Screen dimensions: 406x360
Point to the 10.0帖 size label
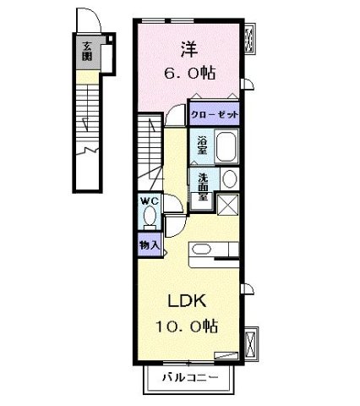187,326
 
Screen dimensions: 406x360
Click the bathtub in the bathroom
226,148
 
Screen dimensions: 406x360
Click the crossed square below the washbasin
228,204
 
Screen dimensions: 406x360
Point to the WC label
149,200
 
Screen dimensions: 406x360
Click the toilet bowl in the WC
150,217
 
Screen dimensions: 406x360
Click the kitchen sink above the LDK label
202,249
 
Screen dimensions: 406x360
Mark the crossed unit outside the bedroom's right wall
250,39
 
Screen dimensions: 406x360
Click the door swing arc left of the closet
176,115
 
